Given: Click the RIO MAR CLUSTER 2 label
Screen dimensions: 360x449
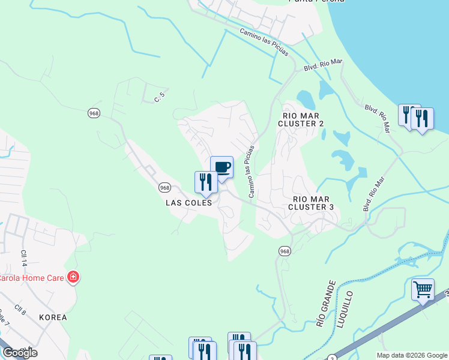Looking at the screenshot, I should coord(301,119).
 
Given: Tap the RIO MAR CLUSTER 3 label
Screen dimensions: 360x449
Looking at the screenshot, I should coord(310,203).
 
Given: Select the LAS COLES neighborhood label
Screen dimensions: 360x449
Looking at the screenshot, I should coord(189,203).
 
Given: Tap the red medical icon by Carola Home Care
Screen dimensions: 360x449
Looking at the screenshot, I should coord(73,277).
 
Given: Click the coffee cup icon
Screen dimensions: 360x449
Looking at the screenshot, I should coord(221,167).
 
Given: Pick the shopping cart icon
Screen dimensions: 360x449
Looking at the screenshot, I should coord(423,290).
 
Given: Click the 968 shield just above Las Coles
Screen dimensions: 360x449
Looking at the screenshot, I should coord(165,188).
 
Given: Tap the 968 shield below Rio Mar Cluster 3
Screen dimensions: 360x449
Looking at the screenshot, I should coord(285,251).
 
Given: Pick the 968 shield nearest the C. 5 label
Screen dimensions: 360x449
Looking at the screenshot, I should coord(93,113).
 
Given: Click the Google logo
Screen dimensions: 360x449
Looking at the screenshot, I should coord(20,352).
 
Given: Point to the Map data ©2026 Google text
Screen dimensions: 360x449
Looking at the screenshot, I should coord(411,355).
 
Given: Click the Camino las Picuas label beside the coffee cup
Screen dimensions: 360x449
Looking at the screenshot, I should coord(251,171).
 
